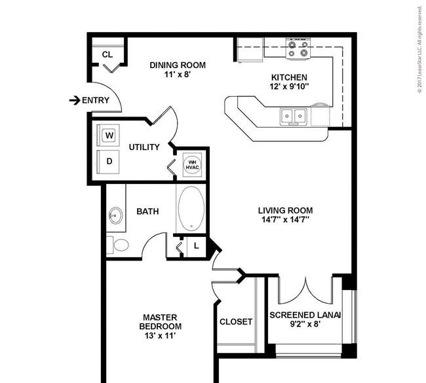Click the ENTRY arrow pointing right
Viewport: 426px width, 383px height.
[x=75, y=100]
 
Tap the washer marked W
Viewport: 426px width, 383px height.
[x=108, y=136]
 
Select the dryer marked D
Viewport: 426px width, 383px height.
[x=108, y=162]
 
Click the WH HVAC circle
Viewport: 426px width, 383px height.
[x=192, y=165]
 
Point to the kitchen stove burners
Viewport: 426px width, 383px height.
[x=298, y=48]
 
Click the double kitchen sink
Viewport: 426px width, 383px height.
[x=294, y=116]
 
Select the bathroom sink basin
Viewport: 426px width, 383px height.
[x=116, y=216]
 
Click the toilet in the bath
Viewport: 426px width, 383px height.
[x=118, y=245]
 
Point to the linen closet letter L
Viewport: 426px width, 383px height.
[x=197, y=246]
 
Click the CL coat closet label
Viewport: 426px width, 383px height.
[x=107, y=55]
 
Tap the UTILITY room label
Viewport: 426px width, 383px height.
[x=144, y=147]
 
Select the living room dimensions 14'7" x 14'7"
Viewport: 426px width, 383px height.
[x=285, y=219]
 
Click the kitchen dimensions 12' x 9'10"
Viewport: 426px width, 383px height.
[x=289, y=86]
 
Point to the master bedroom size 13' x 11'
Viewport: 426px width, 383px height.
[x=161, y=336]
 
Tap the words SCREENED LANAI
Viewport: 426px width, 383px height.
[x=305, y=315]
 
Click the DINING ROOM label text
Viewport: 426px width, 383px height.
[x=178, y=65]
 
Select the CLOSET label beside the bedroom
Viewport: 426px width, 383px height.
[x=236, y=322]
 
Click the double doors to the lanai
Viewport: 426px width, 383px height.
[x=305, y=290]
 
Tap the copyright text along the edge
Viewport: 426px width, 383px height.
[x=420, y=50]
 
